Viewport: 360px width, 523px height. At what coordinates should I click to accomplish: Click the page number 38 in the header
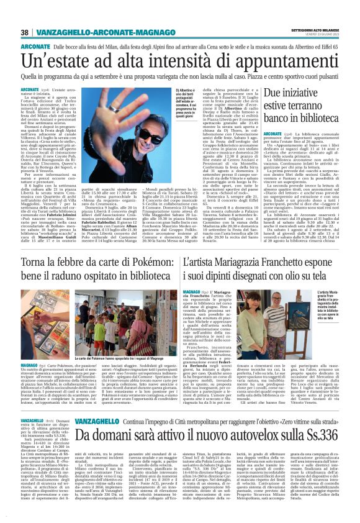[25, 32]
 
